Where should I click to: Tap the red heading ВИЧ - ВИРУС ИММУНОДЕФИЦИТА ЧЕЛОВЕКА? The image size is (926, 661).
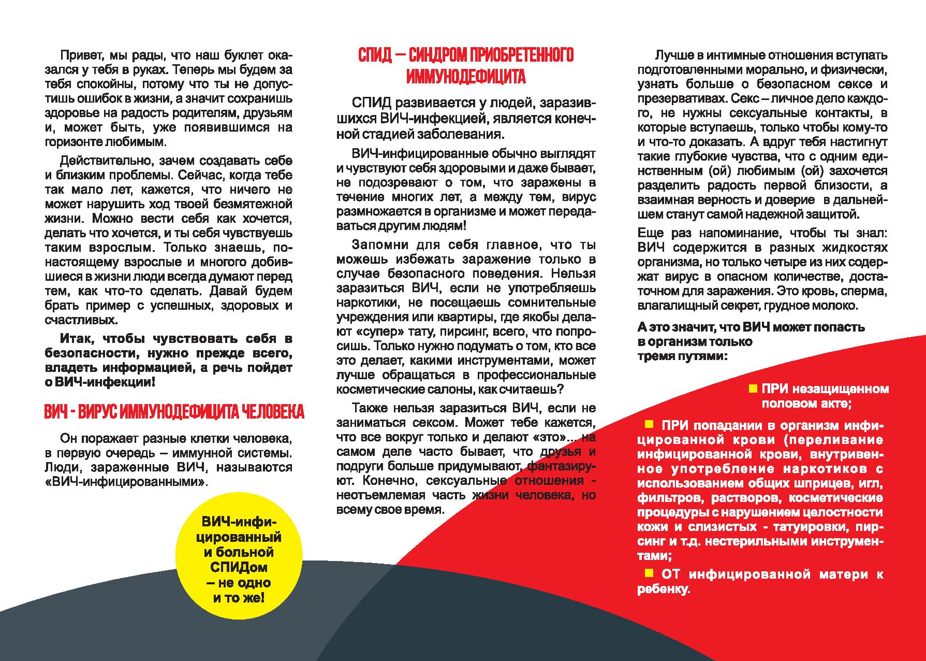pos(174,412)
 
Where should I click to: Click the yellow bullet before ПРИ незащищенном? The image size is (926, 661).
pos(753,389)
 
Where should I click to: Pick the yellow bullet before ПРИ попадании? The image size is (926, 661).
pos(649,425)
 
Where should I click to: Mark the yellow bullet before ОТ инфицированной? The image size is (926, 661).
pos(649,573)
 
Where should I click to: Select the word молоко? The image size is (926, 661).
pos(835,306)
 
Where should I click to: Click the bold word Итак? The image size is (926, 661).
pos(78,339)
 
